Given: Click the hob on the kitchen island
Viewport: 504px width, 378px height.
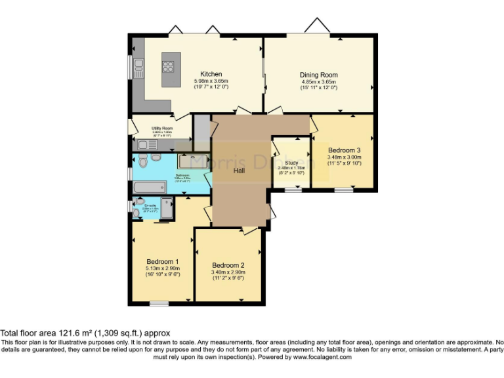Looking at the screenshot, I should pyautogui.click(x=169, y=66).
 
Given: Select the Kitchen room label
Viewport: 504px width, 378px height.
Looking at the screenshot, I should pyautogui.click(x=211, y=74).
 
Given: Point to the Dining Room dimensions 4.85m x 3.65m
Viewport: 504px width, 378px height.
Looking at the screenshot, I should pyautogui.click(x=319, y=81).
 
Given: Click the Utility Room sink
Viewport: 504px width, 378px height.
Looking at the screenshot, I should pyautogui.click(x=145, y=144).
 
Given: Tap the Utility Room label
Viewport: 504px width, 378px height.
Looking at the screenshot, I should pyautogui.click(x=162, y=128).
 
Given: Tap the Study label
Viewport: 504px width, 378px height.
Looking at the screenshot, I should pyautogui.click(x=292, y=163).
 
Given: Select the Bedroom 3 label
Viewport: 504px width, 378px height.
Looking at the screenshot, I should pyautogui.click(x=345, y=150).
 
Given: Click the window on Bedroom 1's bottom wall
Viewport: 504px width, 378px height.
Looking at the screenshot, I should pyautogui.click(x=158, y=303).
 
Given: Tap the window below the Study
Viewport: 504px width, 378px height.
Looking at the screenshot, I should pyautogui.click(x=293, y=190).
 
